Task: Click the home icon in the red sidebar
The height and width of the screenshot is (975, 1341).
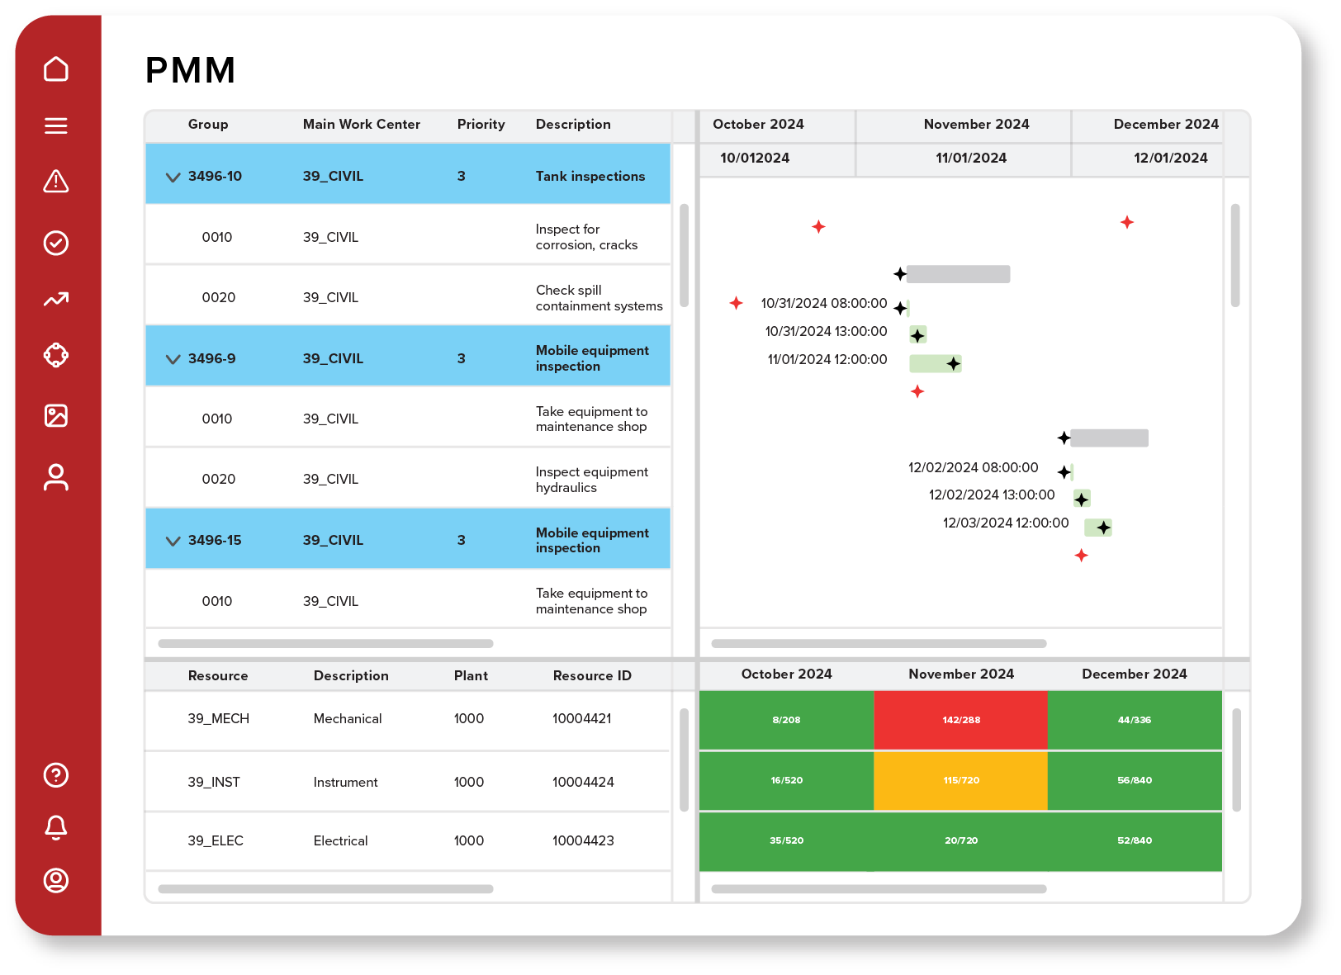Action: click(x=56, y=69)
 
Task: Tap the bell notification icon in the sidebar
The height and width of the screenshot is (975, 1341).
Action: click(x=56, y=826)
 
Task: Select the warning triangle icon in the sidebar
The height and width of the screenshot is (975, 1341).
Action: click(x=56, y=182)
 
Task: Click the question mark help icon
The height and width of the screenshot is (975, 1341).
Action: click(x=56, y=774)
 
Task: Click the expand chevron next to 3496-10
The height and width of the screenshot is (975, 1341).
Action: click(x=173, y=177)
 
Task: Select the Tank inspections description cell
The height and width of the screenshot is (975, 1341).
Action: click(x=590, y=176)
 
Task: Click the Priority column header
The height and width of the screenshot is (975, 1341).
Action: click(x=481, y=125)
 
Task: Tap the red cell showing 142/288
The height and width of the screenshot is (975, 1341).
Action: click(x=960, y=720)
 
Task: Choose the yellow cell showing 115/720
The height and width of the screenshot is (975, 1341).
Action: click(x=960, y=780)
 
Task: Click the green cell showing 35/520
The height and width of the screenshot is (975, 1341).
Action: click(x=786, y=840)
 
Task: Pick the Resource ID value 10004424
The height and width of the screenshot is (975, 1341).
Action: click(x=583, y=782)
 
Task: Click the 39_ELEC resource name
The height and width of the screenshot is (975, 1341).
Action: click(x=216, y=840)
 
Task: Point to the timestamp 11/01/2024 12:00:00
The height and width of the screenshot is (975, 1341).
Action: click(x=827, y=360)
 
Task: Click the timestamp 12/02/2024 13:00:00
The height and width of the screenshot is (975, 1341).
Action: click(x=991, y=495)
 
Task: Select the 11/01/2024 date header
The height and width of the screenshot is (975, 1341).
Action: click(x=970, y=159)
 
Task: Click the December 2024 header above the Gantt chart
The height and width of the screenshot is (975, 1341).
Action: click(x=1165, y=125)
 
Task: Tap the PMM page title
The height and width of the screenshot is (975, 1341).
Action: click(x=191, y=71)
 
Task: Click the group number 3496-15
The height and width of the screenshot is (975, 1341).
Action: click(x=215, y=541)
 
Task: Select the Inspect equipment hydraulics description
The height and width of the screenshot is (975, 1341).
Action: click(x=591, y=480)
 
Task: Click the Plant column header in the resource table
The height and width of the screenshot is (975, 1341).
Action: click(x=471, y=676)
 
